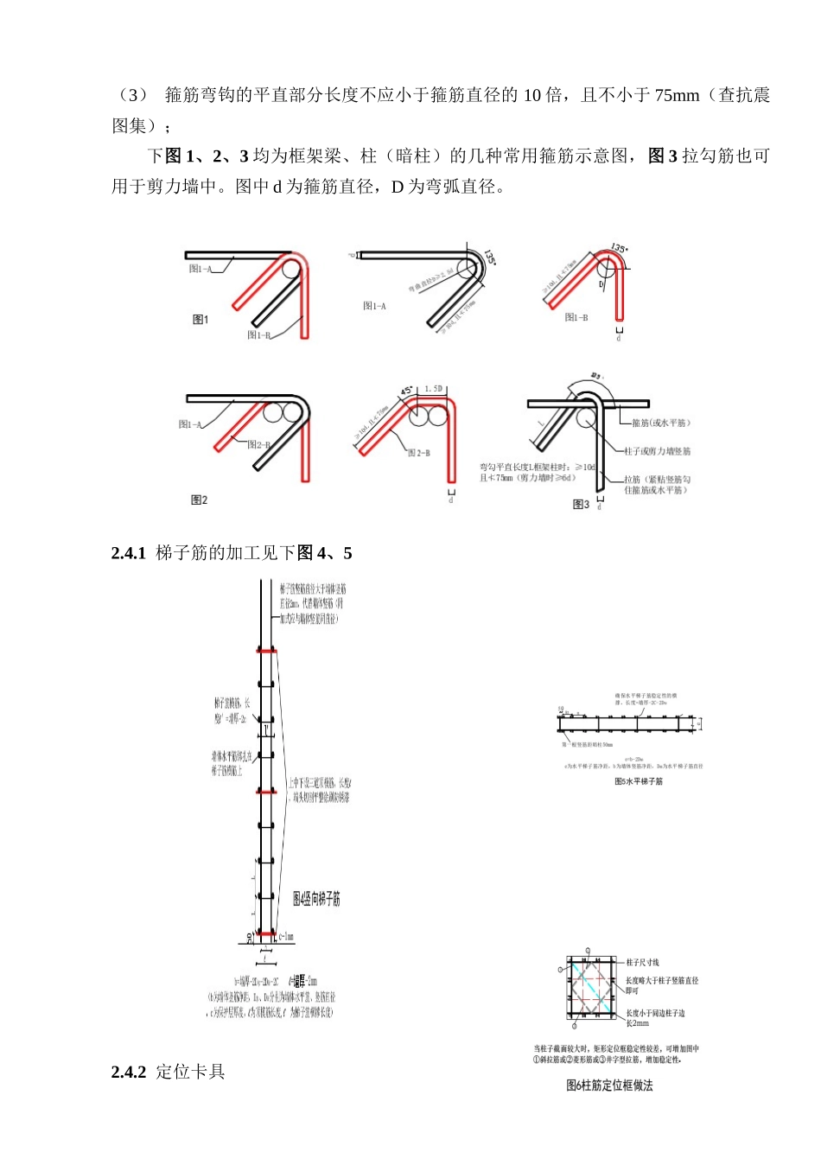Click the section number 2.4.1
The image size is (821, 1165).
[128, 553]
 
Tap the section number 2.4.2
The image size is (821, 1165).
[128, 1073]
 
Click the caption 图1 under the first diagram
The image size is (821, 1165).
[200, 320]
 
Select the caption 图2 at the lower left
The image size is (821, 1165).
[199, 500]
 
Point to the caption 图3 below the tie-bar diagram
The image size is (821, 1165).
[581, 505]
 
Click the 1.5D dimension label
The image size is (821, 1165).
[434, 389]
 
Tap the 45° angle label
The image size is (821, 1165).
[407, 391]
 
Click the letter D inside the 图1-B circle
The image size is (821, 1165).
[602, 283]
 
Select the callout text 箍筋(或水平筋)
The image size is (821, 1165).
[661, 423]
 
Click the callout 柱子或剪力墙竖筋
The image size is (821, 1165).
[658, 451]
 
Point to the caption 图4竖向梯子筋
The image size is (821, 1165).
[316, 900]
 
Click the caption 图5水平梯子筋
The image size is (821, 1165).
[638, 781]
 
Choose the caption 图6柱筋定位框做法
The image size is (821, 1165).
[609, 1085]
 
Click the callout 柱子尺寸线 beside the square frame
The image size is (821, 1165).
[642, 962]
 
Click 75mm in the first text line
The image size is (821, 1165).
[677, 95]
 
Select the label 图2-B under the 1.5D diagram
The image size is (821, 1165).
[419, 453]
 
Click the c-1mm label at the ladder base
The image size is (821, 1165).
[287, 936]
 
